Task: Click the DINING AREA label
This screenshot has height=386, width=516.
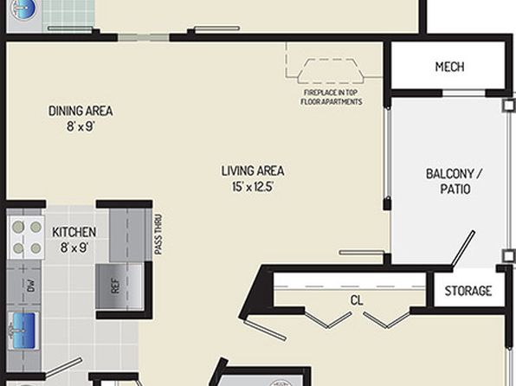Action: (81, 112)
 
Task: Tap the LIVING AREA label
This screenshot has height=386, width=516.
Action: (253, 171)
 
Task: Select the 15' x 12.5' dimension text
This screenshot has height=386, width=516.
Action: (253, 187)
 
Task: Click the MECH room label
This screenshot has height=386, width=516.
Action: (449, 67)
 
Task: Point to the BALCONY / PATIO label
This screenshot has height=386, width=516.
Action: (455, 182)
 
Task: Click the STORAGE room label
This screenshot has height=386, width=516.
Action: (468, 291)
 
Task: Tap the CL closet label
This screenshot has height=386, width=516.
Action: (357, 300)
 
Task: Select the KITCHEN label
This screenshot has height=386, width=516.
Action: (74, 232)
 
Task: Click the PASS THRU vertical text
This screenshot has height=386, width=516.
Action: (158, 235)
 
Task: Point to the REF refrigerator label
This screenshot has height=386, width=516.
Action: (115, 286)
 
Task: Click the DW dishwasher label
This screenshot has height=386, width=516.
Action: (30, 286)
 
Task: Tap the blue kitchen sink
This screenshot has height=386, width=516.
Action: (23, 331)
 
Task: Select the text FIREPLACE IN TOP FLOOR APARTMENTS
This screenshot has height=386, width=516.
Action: (332, 97)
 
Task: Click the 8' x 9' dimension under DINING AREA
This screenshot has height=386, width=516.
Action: (81, 126)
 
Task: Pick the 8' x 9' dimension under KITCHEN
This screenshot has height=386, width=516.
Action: (74, 248)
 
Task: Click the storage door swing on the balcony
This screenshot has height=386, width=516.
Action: (463, 248)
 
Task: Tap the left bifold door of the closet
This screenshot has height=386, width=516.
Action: (328, 319)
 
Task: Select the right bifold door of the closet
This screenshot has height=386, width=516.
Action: (387, 319)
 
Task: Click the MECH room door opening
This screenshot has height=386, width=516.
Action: (464, 93)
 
